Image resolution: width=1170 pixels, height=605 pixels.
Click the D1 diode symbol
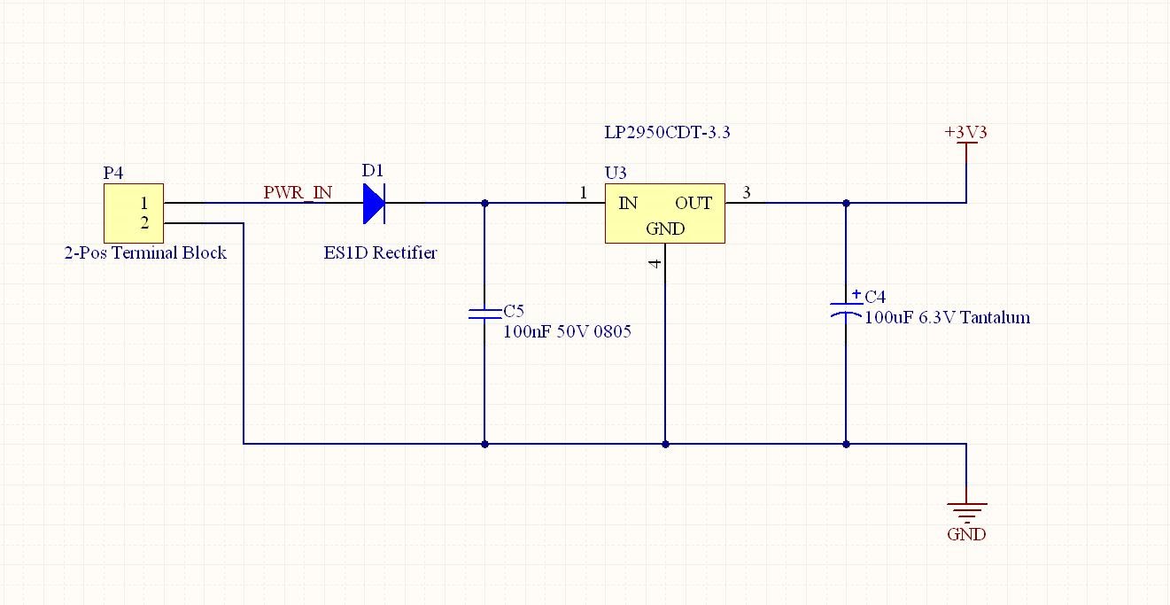375,203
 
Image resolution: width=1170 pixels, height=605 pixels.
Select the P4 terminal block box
134,213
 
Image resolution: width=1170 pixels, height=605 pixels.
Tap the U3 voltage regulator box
665,213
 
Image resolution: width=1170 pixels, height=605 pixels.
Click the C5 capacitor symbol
484,314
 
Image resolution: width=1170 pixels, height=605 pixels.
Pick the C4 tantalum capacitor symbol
846,310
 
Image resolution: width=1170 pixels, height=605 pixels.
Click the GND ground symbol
967,513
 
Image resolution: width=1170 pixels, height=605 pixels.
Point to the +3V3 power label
965,132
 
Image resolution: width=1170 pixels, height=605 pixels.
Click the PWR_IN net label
298,193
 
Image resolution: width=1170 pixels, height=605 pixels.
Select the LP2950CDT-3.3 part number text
667,132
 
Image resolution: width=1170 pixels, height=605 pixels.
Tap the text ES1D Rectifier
380,252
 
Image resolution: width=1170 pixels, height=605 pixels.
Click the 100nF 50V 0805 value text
567,331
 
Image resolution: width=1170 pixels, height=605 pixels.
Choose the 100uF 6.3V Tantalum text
948,317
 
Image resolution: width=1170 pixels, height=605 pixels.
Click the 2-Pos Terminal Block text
145,252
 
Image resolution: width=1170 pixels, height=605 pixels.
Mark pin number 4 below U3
655,263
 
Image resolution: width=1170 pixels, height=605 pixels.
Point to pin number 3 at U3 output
747,193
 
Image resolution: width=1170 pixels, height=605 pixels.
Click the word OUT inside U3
693,203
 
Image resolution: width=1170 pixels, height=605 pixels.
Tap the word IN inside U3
628,203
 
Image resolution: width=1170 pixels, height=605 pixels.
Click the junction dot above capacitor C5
484,203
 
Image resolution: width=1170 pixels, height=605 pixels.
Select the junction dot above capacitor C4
846,203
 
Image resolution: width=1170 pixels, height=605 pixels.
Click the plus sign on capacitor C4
856,294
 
